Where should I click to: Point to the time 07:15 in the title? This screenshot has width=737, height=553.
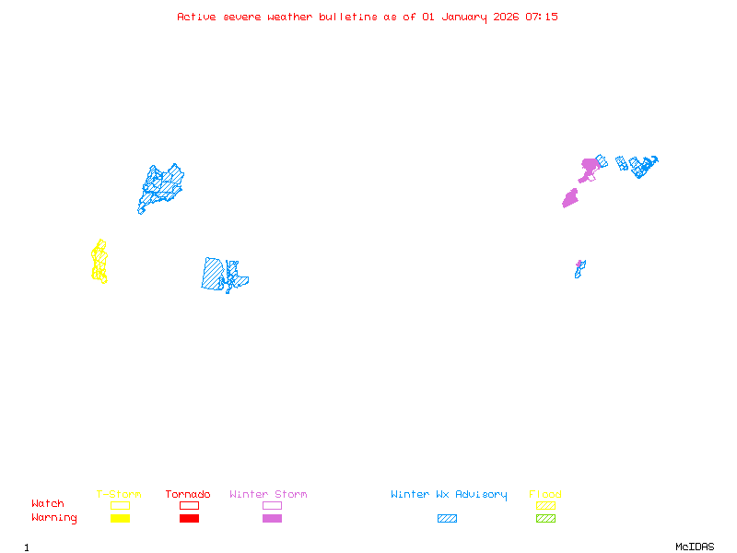[x=542, y=17]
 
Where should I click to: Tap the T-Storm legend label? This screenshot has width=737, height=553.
[x=119, y=495]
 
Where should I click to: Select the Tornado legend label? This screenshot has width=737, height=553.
[x=188, y=495]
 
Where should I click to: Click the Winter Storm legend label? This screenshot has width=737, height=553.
[x=268, y=495]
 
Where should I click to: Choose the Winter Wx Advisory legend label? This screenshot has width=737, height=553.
[x=449, y=495]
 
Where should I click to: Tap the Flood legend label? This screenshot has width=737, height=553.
[x=545, y=495]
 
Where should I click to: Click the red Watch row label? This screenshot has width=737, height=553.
[x=48, y=504]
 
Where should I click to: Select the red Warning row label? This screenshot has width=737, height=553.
[x=54, y=518]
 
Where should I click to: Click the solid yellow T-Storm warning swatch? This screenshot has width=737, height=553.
[x=120, y=519]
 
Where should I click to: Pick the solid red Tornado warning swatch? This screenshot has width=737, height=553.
[x=189, y=519]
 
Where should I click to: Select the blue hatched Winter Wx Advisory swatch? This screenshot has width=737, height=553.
[x=447, y=519]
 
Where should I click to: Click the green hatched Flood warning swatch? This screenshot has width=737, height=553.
[x=545, y=519]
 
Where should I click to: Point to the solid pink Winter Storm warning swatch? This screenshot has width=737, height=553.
[x=272, y=519]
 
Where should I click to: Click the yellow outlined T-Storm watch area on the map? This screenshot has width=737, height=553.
[x=99, y=262]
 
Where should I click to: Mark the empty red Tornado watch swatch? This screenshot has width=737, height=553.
[x=189, y=505]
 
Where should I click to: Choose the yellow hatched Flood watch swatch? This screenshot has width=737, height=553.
[x=545, y=505]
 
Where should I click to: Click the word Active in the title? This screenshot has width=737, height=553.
[x=197, y=17]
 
